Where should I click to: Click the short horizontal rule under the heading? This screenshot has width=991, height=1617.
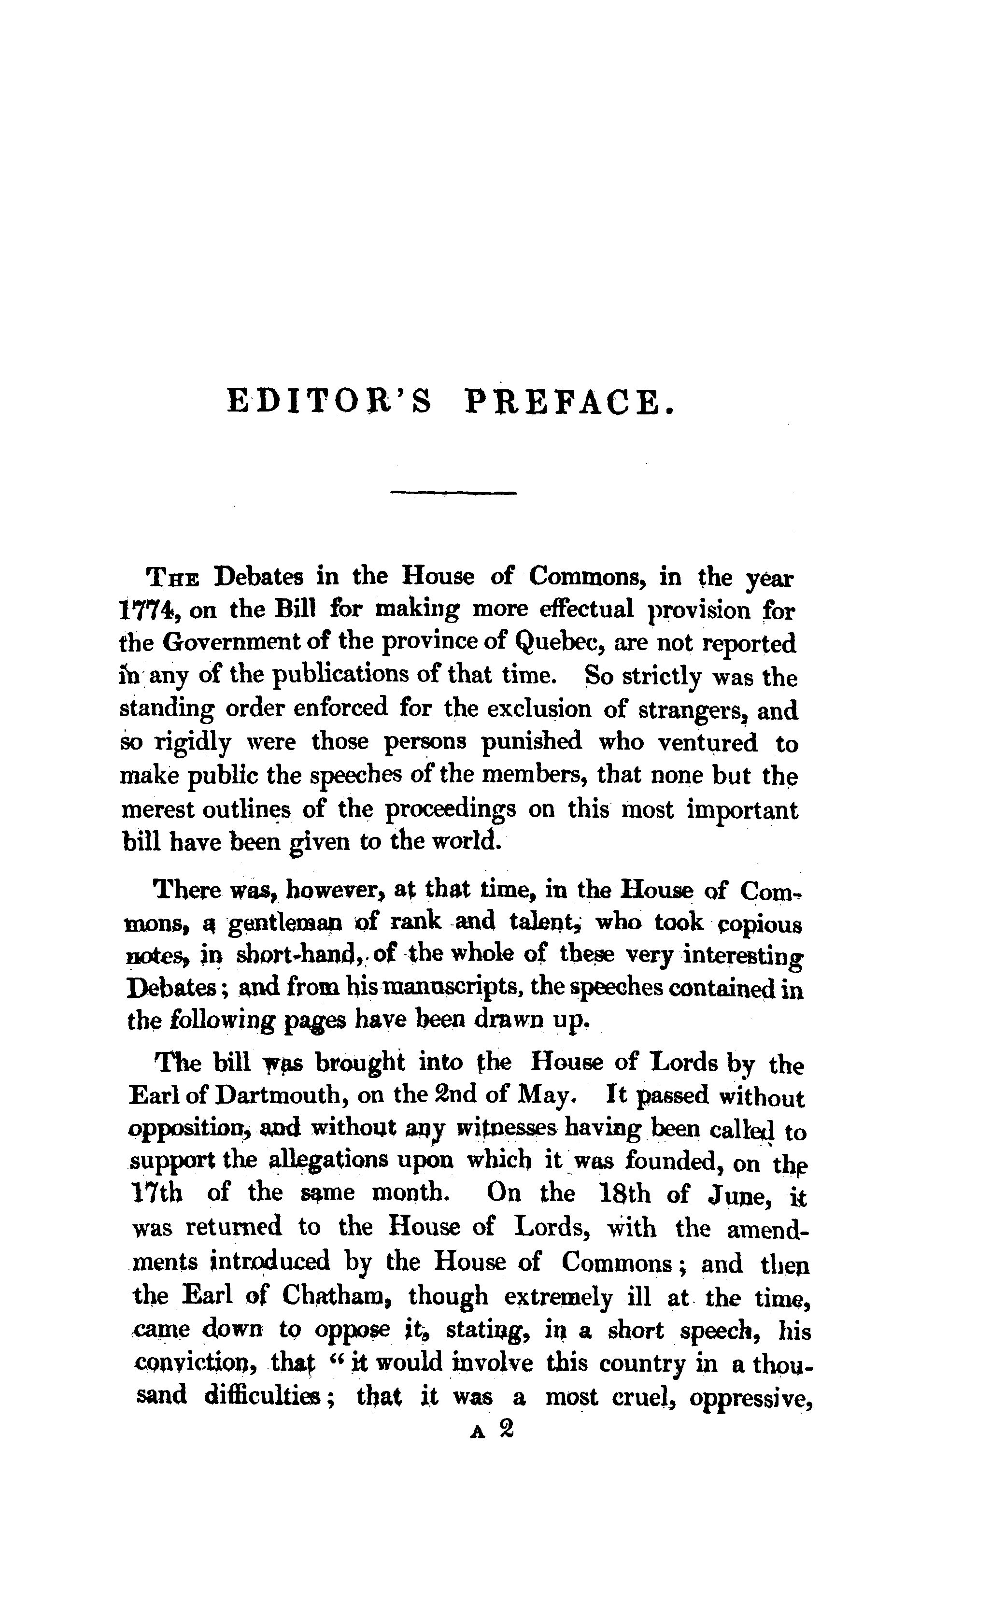click(453, 493)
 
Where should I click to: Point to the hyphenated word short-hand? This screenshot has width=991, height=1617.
click(297, 955)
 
